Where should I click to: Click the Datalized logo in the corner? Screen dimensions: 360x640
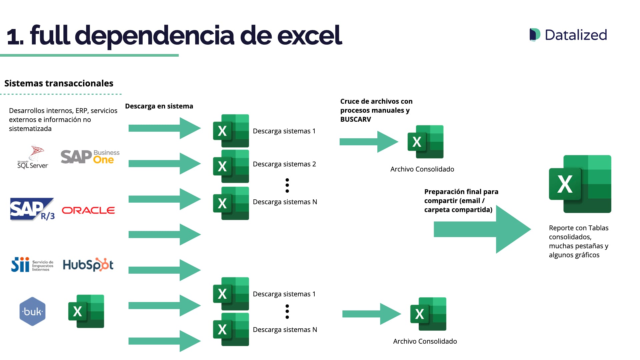coord(568,35)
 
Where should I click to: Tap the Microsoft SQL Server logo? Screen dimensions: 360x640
coord(33,157)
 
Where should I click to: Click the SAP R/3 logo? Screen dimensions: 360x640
coord(32,210)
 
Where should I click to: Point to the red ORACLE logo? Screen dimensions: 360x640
coord(88,210)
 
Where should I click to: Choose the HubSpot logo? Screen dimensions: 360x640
coord(88,265)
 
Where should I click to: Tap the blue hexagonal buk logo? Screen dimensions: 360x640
coord(32,311)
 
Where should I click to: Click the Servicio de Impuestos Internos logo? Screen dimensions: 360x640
coord(32,265)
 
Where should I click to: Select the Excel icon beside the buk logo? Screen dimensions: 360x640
coord(86,311)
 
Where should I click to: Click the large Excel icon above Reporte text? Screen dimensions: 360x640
coord(580,184)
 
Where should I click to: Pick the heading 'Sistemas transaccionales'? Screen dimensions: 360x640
coord(59,83)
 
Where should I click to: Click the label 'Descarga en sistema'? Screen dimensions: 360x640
coord(159,106)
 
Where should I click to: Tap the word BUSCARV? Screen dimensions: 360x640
coord(355,119)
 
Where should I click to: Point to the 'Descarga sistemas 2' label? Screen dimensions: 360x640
coord(284,164)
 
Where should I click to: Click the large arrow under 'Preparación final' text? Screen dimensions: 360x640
coord(482,229)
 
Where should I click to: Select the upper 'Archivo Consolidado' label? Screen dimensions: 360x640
coord(422,169)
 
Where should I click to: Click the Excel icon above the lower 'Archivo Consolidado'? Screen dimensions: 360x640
coord(428,314)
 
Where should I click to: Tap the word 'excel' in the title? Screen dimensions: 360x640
coord(309,35)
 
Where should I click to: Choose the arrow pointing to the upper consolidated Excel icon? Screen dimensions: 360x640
coord(368,142)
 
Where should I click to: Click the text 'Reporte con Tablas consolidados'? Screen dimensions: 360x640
coord(578,232)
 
